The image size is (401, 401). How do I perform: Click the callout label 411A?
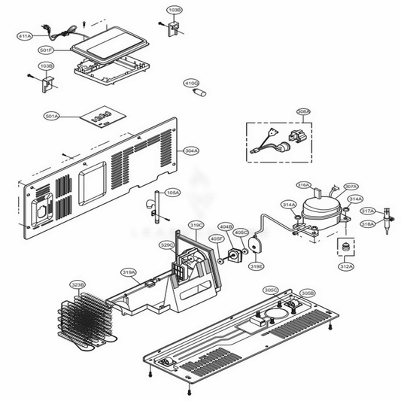coord(24,35)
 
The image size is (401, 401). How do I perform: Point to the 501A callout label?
coord(52,117)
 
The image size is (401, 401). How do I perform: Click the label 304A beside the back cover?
coord(191,150)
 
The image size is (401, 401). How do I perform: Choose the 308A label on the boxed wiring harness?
coord(303,112)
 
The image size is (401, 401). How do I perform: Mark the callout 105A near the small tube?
coord(172,193)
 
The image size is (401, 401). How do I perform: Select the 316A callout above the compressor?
coord(303,184)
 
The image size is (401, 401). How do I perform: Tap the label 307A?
coord(351,187)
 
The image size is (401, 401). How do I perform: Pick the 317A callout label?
coord(369,211)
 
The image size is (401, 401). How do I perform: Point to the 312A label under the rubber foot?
coord(345,266)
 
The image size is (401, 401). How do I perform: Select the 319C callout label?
coord(196,224)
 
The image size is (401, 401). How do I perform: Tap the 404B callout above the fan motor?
coord(226,226)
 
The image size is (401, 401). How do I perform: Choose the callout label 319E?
coord(256,266)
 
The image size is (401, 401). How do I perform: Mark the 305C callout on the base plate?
coord(271,290)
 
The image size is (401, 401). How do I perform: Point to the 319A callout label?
coord(129,272)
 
